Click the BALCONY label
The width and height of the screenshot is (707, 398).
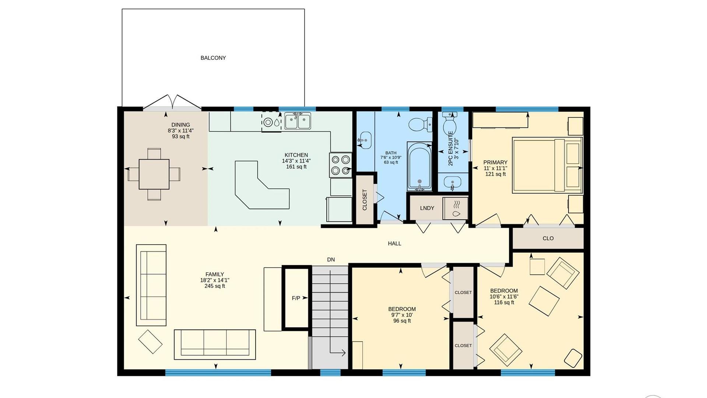(213, 58)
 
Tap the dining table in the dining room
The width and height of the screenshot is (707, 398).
(154, 174)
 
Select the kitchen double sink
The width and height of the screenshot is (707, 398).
(298, 121)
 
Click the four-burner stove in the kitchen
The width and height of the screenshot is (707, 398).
(340, 165)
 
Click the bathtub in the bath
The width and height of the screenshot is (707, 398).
(419, 166)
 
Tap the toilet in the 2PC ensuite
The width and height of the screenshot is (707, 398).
(450, 124)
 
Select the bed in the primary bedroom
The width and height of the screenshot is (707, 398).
(547, 165)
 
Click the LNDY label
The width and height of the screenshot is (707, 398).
(427, 208)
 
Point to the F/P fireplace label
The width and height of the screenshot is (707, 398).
(296, 298)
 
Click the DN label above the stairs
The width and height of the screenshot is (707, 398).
(331, 260)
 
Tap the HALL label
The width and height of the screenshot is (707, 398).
(394, 244)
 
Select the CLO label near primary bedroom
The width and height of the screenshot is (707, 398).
(548, 238)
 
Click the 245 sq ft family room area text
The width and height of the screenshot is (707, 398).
(215, 286)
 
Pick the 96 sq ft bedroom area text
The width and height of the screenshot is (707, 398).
(402, 321)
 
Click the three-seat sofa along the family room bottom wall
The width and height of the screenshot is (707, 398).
(215, 344)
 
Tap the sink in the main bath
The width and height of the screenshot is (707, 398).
(364, 140)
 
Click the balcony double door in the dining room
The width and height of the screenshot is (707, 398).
(172, 102)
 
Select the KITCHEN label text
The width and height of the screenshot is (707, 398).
(296, 155)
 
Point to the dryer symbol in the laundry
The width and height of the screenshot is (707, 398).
(455, 209)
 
